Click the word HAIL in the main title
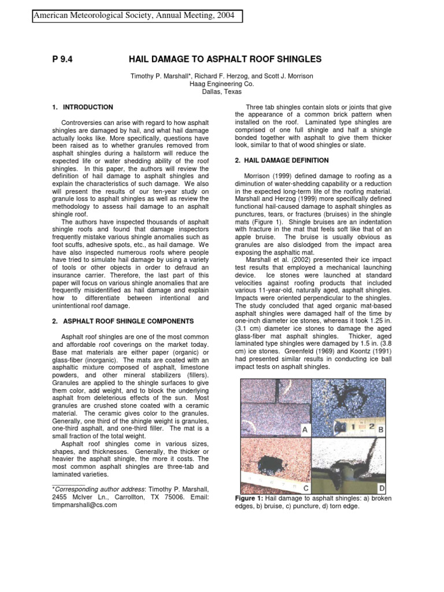pyautogui.click(x=149, y=60)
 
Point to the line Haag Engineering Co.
pyautogui.click(x=222, y=83)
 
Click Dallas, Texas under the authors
pyautogui.click(x=222, y=91)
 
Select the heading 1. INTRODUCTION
pyautogui.click(x=83, y=108)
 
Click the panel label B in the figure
pyautogui.click(x=380, y=430)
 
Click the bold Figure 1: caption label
pyautogui.click(x=252, y=498)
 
